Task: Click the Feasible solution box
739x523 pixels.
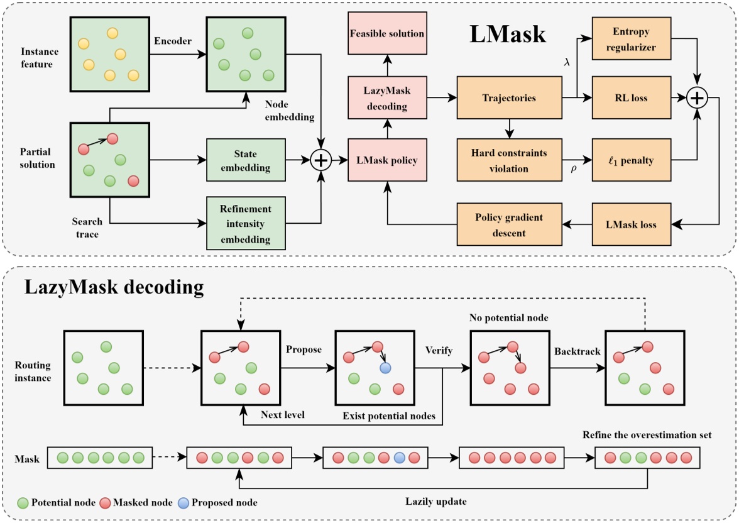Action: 387,33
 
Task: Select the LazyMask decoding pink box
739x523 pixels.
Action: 387,97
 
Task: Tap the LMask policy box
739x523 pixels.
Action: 387,160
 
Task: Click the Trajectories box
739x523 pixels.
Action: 509,98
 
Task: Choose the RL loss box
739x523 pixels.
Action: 630,98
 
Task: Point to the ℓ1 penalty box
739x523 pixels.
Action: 630,160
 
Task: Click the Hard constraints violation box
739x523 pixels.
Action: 509,160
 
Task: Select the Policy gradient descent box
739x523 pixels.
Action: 509,224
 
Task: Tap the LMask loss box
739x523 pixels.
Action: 630,224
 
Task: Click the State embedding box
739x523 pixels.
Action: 246,160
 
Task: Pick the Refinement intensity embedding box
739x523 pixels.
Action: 246,224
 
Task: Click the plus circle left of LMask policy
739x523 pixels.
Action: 321,160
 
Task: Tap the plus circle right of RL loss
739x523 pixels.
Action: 696,98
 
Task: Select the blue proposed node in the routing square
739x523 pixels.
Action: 385,367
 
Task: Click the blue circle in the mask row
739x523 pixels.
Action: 398,458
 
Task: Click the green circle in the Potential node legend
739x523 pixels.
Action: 22,502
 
